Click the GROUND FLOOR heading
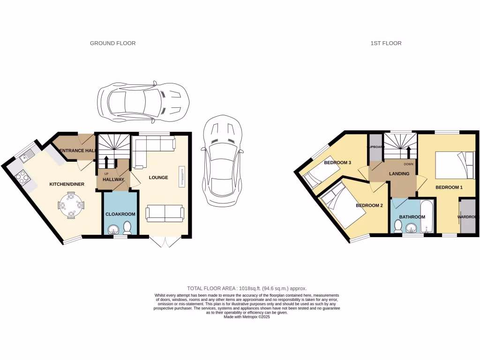pos(112,43)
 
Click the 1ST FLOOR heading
pos(386,43)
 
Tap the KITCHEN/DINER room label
pos(67,184)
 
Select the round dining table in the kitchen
pos(71,205)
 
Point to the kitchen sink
pos(27,153)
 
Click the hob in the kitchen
pos(22,176)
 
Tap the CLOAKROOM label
pos(120,214)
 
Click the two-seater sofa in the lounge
pos(165,213)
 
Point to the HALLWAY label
pos(113,180)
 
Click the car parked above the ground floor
pos(143,101)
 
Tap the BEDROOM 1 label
pos(449,187)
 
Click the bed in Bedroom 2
pos(342,205)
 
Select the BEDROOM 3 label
pos(337,163)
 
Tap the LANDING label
pos(399,174)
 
